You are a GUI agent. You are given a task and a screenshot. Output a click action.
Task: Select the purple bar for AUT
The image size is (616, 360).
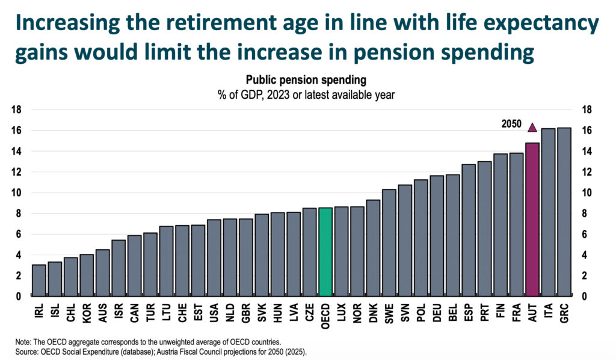click(x=532, y=220)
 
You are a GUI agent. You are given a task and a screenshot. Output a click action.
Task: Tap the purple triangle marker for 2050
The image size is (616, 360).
click(x=532, y=127)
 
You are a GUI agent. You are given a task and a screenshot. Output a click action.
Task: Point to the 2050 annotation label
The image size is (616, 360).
click(x=511, y=124)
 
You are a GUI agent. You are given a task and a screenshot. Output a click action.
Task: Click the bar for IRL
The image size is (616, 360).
click(x=39, y=281)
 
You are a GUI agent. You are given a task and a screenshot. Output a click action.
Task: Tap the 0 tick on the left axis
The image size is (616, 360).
click(x=19, y=296)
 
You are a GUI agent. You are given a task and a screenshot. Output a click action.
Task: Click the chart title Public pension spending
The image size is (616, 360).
click(x=305, y=80)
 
